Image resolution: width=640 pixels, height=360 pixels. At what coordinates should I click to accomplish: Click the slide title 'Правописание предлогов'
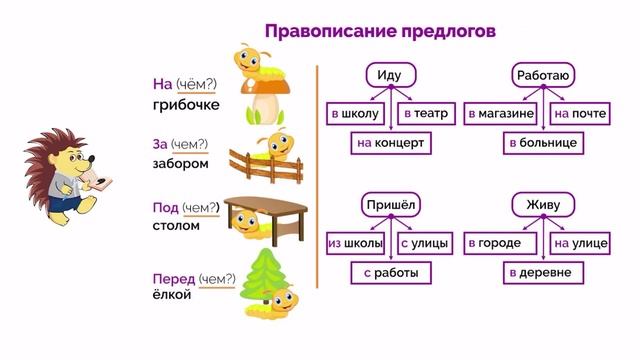(380, 31)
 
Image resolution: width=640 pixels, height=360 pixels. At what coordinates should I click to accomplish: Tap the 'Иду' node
(390, 75)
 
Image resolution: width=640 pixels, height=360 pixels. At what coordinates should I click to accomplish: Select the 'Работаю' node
(543, 75)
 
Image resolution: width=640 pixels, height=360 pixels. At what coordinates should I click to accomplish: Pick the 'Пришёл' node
(390, 205)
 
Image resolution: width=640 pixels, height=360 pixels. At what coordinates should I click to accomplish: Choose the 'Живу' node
(543, 205)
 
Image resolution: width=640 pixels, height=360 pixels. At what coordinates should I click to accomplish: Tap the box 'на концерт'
(390, 144)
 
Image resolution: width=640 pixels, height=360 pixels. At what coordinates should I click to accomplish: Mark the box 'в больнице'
(543, 144)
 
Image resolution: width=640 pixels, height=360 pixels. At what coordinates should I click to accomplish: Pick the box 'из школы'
(355, 243)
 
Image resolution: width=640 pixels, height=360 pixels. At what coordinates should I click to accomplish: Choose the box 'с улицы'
(421, 243)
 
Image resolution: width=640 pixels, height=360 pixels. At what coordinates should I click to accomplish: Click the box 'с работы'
(390, 272)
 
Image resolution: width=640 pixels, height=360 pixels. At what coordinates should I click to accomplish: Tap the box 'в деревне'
(543, 272)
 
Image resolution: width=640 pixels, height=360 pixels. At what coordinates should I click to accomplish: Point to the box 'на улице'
(580, 243)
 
